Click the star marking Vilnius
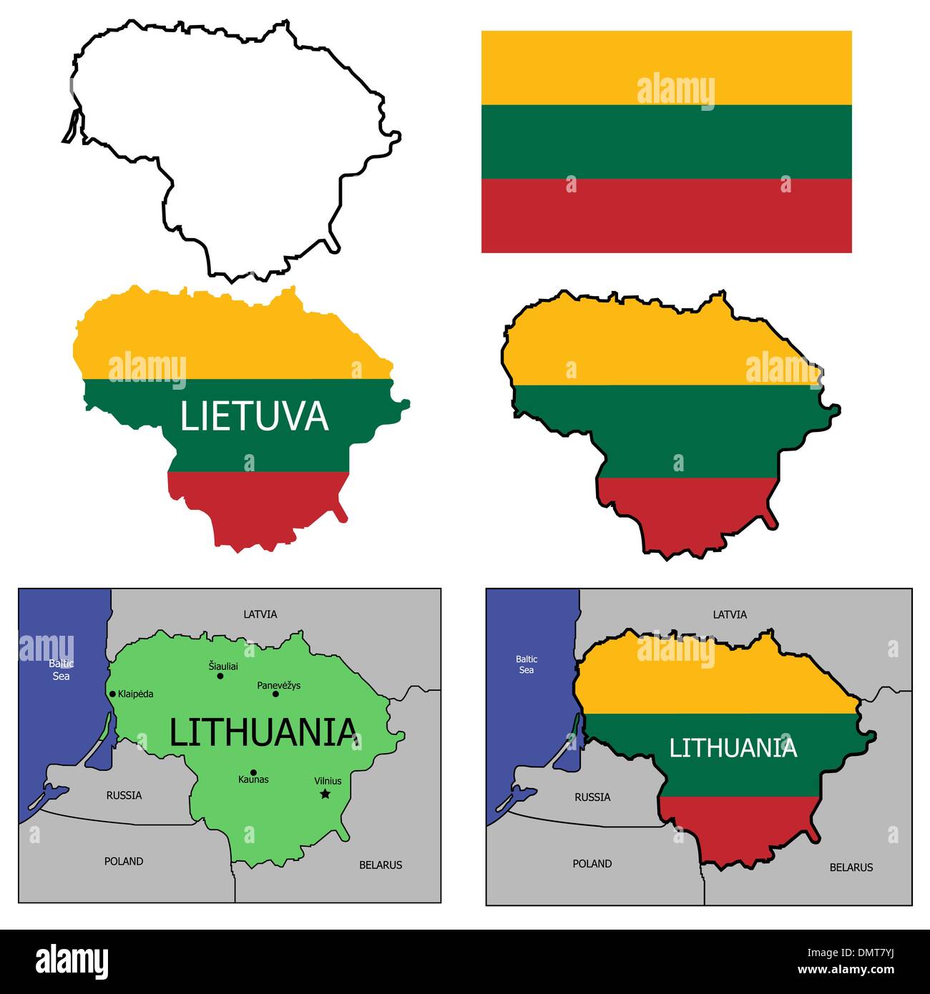click(x=325, y=794)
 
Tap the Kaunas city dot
click(x=253, y=772)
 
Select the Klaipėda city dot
click(x=112, y=694)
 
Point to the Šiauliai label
click(x=223, y=666)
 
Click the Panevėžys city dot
click(x=275, y=694)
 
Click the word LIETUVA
click(x=254, y=416)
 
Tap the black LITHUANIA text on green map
click(x=263, y=732)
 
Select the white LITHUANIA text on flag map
click(x=733, y=748)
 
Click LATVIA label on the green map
click(x=260, y=614)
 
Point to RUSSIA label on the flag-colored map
click(x=592, y=797)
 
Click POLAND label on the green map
click(x=124, y=861)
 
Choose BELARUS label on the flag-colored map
click(x=851, y=867)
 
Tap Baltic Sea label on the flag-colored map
click(x=527, y=664)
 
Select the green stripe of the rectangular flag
click(x=666, y=142)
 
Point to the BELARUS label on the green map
click(x=381, y=865)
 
